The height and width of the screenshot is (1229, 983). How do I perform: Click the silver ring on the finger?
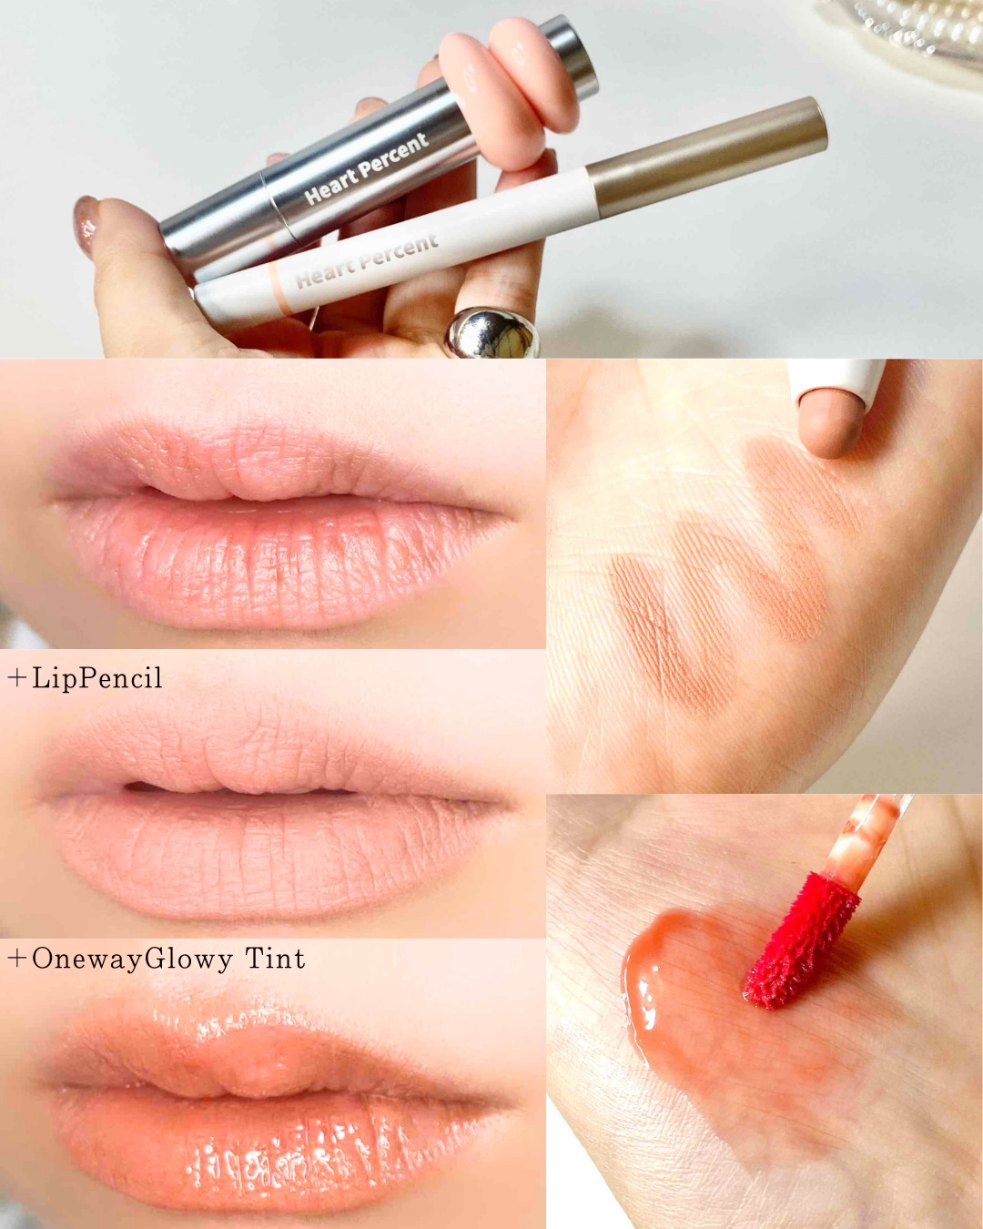(x=492, y=333)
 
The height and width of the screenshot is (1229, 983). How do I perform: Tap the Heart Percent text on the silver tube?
(x=366, y=169)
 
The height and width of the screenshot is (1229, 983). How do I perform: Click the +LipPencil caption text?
(x=86, y=678)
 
